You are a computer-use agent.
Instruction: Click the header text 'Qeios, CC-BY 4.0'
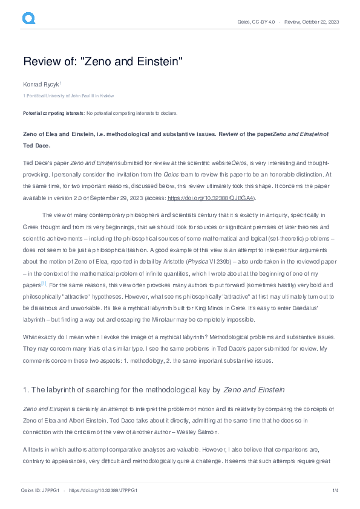(257, 22)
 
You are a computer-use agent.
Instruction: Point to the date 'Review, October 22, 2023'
(312, 22)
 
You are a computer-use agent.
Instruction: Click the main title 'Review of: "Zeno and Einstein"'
(102, 62)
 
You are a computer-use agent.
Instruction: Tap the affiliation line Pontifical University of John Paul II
(70, 96)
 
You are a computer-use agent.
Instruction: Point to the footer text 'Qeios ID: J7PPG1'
(41, 490)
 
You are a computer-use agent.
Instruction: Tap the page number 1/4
(334, 490)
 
